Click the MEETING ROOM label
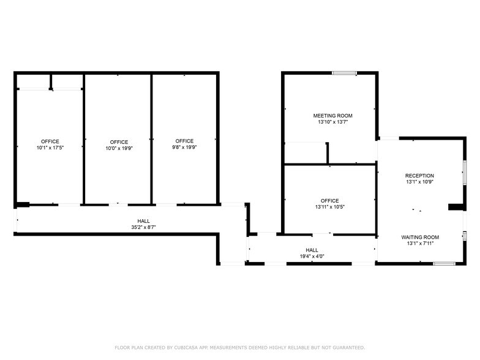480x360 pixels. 332,116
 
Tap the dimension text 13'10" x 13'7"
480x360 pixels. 332,122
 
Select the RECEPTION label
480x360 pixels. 419,176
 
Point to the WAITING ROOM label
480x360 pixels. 420,237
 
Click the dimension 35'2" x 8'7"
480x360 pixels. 143,227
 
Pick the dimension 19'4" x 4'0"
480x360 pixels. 312,257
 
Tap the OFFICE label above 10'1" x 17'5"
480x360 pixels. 50,141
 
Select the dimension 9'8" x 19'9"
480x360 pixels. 184,147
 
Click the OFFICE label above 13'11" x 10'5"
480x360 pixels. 329,201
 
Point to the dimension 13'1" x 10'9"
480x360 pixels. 419,182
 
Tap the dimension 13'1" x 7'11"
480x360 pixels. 420,244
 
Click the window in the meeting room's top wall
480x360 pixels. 344,73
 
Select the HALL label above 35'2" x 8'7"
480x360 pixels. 143,221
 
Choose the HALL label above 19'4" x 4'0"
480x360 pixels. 312,250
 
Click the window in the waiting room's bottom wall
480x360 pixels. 444,263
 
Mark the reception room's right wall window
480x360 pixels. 465,171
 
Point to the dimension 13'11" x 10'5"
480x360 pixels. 329,207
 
